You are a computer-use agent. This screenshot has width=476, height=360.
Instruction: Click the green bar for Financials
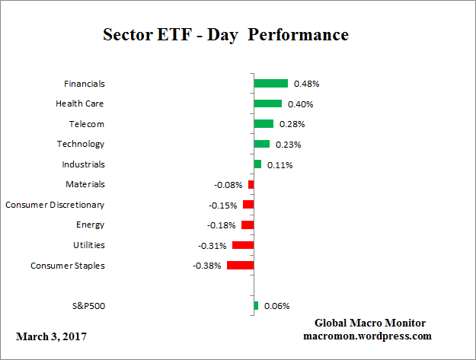coord(270,84)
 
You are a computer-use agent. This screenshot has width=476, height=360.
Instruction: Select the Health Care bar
coord(267,104)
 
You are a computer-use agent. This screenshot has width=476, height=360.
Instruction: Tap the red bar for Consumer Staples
coord(240,266)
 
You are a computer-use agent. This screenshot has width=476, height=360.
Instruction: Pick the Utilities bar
coord(242,245)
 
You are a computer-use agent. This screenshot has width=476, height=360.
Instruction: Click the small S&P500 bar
coord(256,306)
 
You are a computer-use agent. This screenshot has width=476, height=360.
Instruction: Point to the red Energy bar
coord(247,225)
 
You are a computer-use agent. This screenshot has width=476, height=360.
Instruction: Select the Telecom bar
coord(263,124)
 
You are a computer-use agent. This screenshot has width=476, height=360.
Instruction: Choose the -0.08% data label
coord(228,184)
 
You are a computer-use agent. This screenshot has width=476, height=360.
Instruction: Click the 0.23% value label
coord(288,144)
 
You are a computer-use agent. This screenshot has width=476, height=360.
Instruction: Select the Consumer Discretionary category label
coord(55,205)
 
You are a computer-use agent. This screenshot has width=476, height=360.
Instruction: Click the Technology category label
coord(80,144)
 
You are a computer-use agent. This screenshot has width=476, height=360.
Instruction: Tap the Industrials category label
coord(83,164)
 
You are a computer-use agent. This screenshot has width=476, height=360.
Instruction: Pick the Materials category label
coord(85,184)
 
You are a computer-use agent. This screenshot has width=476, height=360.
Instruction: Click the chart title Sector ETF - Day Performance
coord(225,35)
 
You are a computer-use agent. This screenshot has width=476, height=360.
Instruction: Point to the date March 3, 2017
coord(51,336)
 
